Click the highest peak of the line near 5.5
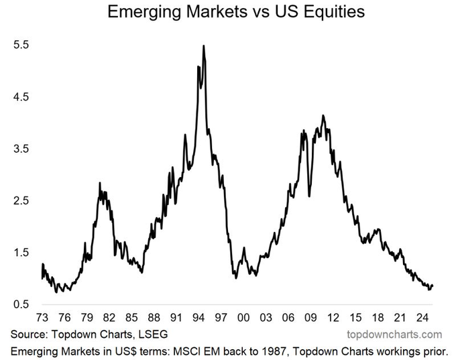click(x=203, y=46)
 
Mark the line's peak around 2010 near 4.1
click(x=323, y=115)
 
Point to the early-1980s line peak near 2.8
click(x=100, y=183)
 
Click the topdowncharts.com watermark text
click(x=394, y=334)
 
